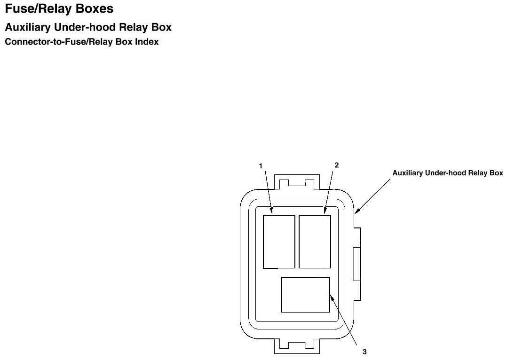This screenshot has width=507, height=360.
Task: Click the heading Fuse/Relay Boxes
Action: click(59, 9)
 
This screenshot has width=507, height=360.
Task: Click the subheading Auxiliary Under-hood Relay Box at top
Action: click(88, 28)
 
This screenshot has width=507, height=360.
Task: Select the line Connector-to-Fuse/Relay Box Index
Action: click(81, 42)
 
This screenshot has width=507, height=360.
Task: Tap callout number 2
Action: click(336, 165)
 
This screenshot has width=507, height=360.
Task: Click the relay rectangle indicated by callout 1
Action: click(279, 242)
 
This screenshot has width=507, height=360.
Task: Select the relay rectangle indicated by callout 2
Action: click(315, 242)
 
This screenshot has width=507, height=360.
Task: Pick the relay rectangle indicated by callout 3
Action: click(305, 295)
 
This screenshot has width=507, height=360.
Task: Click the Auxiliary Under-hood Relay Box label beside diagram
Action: click(448, 173)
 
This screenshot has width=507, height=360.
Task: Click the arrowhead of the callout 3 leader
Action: click(331, 296)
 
